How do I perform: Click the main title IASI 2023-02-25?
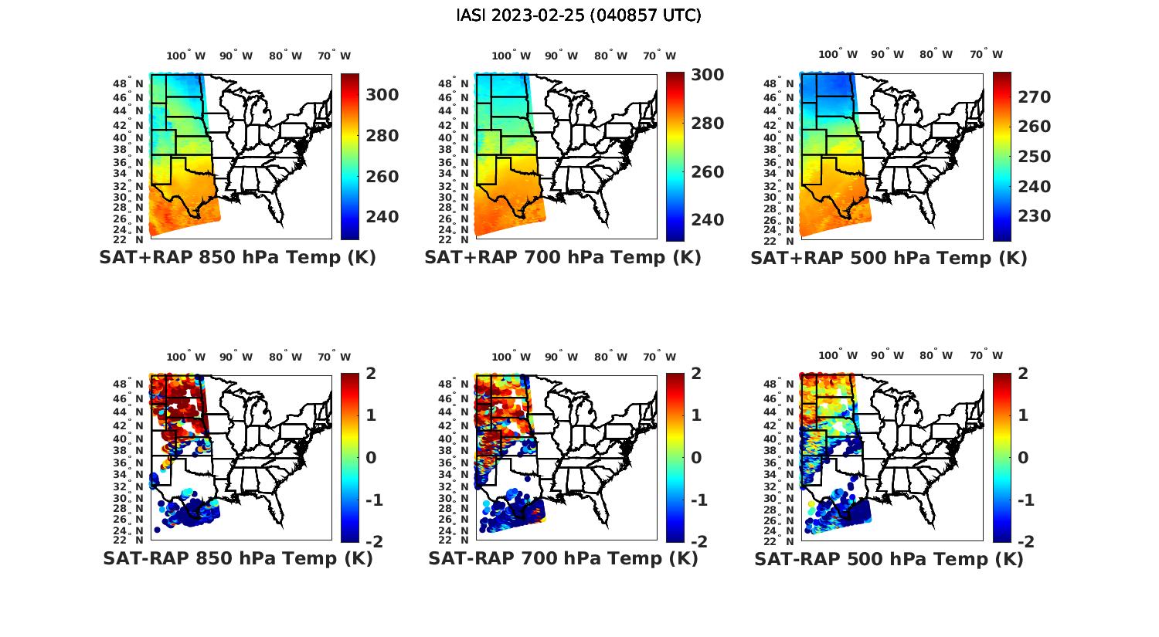coord(579,15)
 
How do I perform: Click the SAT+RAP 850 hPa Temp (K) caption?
coord(237,257)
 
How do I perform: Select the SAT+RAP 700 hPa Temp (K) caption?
coord(563,257)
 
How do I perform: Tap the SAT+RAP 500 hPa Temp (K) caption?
coord(889,258)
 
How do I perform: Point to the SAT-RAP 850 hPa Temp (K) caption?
coord(237,558)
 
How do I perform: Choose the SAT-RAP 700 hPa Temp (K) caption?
coord(563,558)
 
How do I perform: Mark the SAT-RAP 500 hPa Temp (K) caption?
coord(889,559)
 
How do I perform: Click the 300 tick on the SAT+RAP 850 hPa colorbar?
coord(382,95)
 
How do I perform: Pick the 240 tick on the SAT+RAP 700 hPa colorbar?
coord(707,220)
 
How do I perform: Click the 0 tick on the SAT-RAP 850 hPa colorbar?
coord(370,458)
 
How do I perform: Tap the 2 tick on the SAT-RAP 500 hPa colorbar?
coord(1023,374)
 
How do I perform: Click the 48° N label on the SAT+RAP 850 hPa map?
coord(128,83)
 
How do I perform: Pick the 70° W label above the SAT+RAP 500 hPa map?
coord(986,55)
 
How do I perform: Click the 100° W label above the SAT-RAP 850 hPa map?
coord(186,357)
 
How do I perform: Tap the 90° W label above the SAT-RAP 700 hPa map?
coord(561,357)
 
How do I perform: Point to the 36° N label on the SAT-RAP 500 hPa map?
coord(780,462)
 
